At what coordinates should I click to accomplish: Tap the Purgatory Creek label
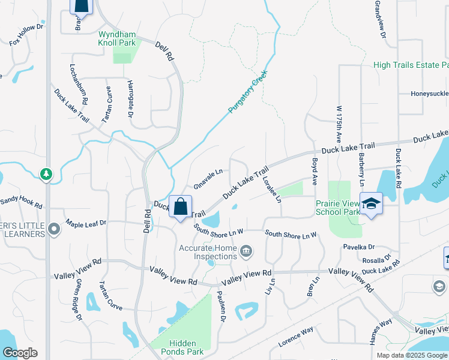[x=247, y=92]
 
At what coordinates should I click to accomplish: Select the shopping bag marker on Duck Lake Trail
[x=181, y=208]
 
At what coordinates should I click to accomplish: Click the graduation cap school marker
[x=371, y=204]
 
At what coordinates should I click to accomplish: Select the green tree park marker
[x=46, y=175]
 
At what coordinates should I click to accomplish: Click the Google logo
[x=20, y=353]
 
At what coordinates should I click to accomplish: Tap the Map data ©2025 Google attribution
[x=411, y=355]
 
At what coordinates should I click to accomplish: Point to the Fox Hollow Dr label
[x=27, y=43]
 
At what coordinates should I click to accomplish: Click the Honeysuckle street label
[x=430, y=94]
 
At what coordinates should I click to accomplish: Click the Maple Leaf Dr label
[x=86, y=223]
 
